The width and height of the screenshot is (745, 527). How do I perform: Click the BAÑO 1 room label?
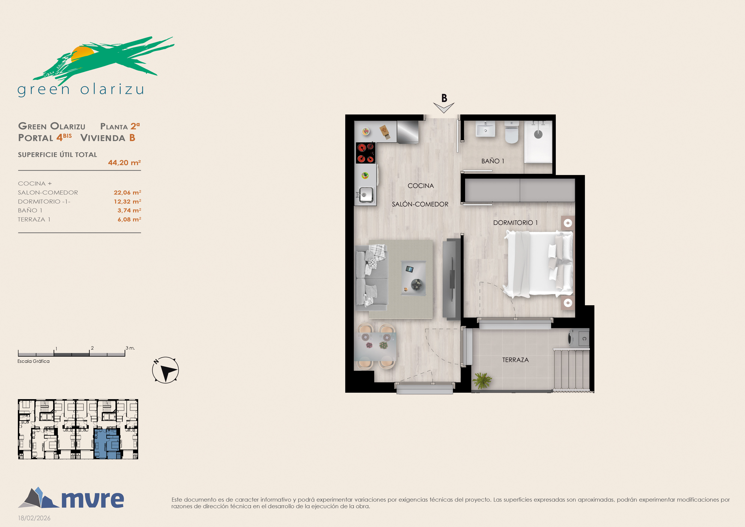493,161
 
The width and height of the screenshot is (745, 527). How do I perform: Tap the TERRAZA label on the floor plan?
515,360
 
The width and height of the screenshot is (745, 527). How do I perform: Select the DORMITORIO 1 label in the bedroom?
515,223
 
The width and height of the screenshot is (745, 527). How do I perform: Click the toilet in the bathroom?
512,132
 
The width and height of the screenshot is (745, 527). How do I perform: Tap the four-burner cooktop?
366,153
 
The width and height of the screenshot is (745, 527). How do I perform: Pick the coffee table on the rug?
413,278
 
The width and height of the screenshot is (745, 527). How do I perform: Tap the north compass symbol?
165,370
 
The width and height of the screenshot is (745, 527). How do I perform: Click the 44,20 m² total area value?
124,163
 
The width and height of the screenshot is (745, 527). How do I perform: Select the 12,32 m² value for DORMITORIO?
127,201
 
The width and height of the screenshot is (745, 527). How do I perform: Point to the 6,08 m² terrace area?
129,219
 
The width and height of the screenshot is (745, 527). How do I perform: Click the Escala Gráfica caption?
33,361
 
